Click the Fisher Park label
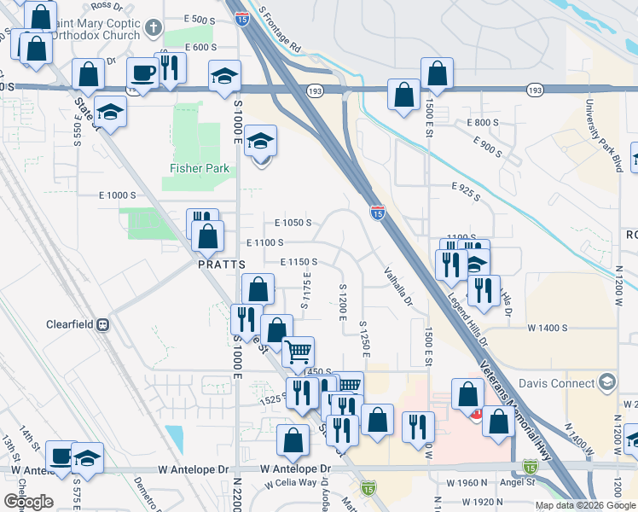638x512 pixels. click(200, 168)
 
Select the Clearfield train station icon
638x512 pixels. click(103, 324)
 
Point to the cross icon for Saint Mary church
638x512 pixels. click(154, 27)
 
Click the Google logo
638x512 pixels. click(28, 502)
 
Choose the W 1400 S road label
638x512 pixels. click(548, 327)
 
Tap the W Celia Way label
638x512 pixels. click(289, 483)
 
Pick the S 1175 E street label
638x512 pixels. click(304, 290)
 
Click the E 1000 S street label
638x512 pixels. click(117, 195)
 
